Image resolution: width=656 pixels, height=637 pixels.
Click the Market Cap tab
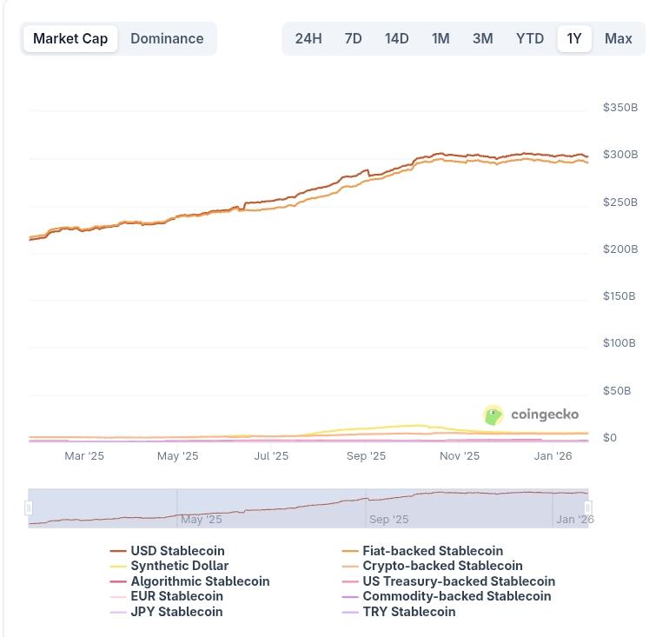[70, 38]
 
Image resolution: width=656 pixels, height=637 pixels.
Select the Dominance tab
[167, 38]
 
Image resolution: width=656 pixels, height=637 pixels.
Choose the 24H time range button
[308, 38]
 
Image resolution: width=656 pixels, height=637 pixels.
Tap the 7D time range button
[353, 38]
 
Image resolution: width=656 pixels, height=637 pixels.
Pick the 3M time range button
[482, 38]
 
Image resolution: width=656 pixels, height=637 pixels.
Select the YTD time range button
[529, 38]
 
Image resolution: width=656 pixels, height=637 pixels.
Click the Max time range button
[618, 38]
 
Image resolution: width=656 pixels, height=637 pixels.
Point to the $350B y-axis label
[620, 108]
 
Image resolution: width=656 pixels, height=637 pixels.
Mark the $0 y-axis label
[610, 438]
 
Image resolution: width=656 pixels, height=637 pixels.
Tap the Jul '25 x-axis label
[271, 455]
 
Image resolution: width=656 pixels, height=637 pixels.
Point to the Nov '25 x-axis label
[459, 455]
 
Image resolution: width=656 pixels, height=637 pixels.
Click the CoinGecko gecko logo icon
[494, 415]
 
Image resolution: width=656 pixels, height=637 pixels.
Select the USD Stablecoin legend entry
[176, 551]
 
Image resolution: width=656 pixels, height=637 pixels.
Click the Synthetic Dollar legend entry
[179, 566]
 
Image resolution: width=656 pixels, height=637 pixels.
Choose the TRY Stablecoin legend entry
[408, 612]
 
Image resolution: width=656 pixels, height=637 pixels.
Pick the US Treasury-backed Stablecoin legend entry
[458, 581]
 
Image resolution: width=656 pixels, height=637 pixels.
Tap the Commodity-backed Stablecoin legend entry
[456, 596]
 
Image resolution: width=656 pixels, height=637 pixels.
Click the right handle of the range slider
[588, 508]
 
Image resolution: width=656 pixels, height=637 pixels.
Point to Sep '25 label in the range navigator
[388, 520]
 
